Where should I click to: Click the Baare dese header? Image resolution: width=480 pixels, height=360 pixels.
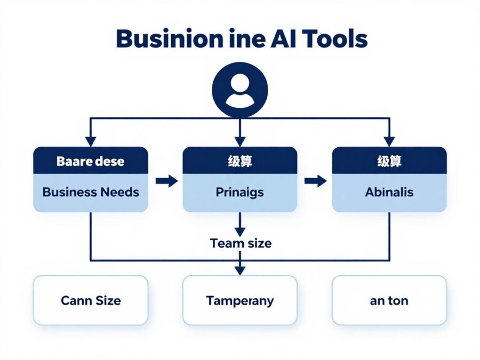click(x=90, y=161)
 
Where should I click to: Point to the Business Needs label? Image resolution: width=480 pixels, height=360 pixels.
click(x=90, y=192)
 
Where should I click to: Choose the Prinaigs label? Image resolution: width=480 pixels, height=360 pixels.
click(x=239, y=192)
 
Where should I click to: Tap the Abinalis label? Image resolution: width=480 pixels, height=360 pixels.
click(x=389, y=192)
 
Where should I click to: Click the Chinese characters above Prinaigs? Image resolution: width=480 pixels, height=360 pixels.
click(x=239, y=161)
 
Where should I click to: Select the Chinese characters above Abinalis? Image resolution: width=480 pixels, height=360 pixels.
click(x=389, y=161)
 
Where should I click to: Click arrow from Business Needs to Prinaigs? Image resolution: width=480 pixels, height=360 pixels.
click(x=166, y=181)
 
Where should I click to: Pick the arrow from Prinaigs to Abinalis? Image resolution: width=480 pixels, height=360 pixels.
click(x=315, y=181)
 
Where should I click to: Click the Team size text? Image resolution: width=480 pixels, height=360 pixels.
click(x=241, y=243)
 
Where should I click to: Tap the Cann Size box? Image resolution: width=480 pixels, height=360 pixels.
click(x=90, y=300)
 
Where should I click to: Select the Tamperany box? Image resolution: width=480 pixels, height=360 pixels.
click(x=239, y=300)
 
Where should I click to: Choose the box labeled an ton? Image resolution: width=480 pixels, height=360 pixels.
click(x=389, y=300)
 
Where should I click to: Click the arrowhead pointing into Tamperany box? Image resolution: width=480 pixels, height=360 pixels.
click(x=240, y=270)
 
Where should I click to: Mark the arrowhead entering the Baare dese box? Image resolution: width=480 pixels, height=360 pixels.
click(x=91, y=141)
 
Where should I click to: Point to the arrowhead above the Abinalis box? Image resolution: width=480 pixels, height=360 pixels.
click(x=389, y=141)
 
